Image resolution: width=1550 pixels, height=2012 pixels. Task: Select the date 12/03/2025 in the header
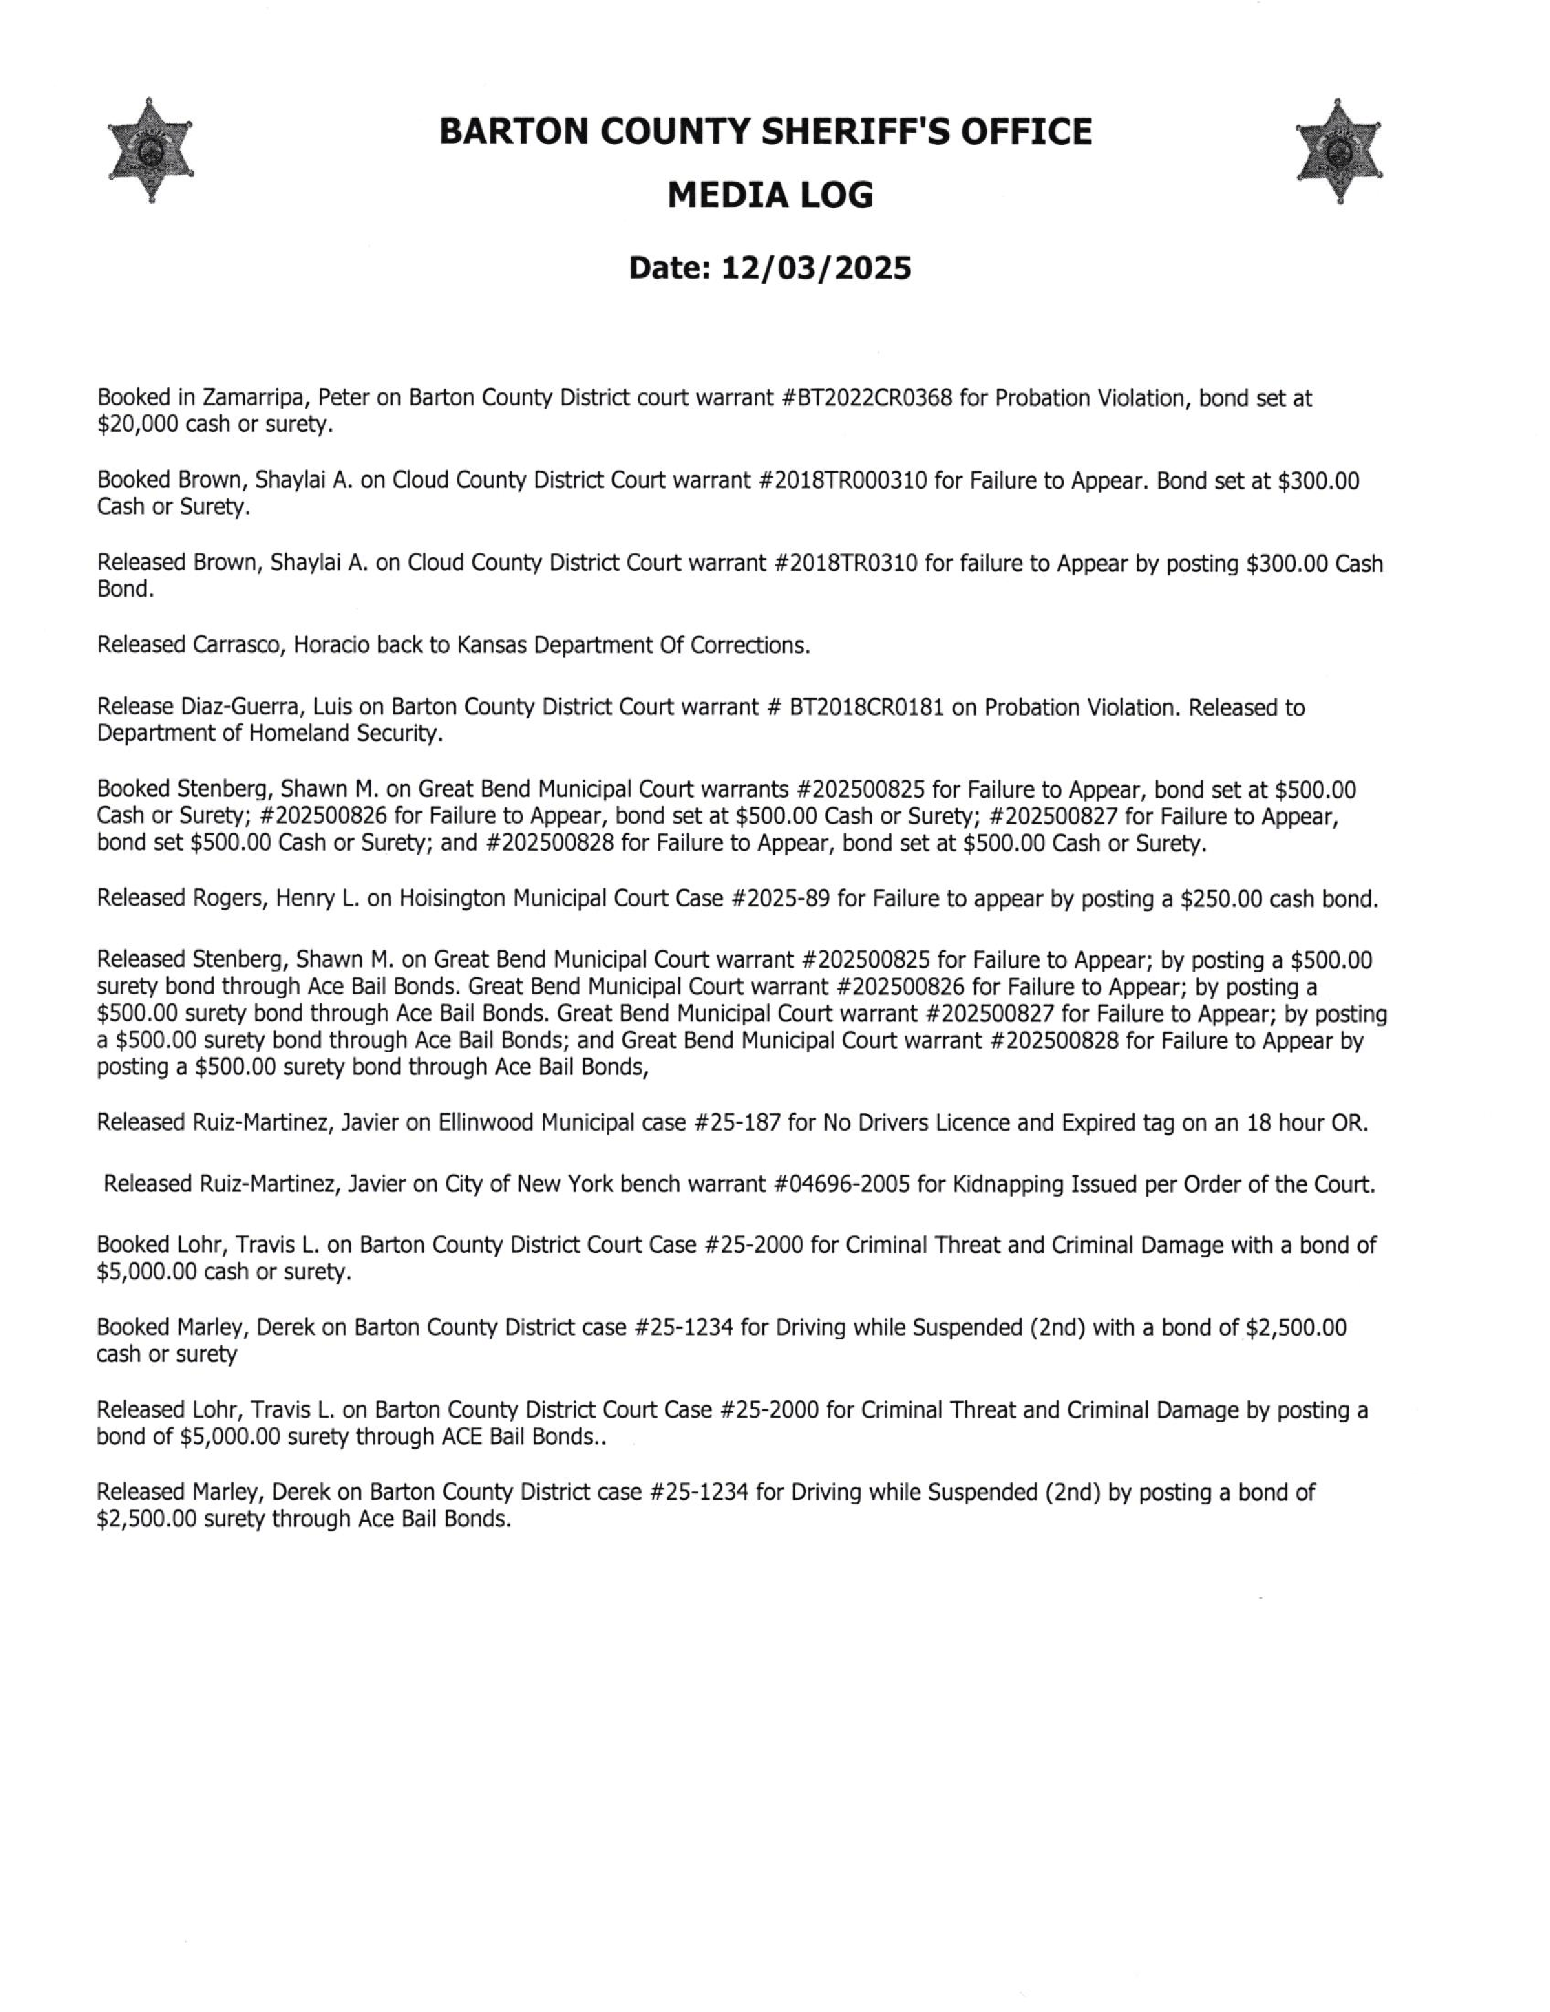point(816,268)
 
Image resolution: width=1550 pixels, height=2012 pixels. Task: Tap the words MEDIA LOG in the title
point(770,195)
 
